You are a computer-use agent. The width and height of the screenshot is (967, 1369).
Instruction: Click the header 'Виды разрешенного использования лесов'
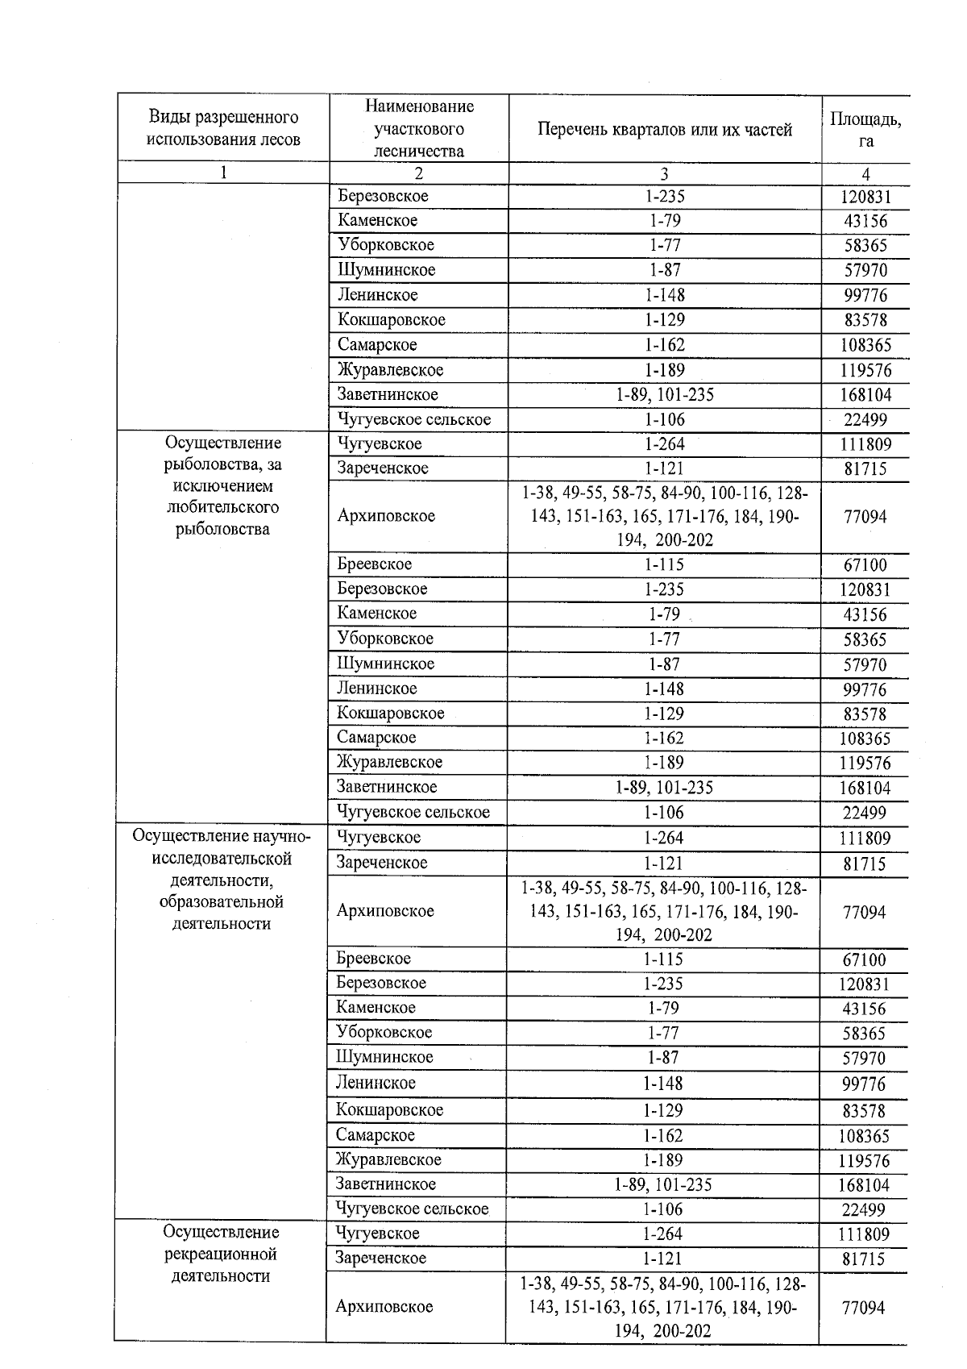(x=223, y=129)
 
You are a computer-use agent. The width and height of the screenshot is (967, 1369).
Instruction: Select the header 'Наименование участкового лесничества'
(x=419, y=129)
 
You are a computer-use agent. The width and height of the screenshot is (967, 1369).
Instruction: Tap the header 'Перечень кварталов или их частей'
(x=665, y=130)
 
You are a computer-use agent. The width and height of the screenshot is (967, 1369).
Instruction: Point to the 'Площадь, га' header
(x=865, y=130)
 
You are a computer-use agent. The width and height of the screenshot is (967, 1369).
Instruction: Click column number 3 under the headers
(x=664, y=173)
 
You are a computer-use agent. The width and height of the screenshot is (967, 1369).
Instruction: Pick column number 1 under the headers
(x=223, y=173)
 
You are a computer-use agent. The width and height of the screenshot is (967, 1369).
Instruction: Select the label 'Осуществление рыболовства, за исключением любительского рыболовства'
(x=223, y=486)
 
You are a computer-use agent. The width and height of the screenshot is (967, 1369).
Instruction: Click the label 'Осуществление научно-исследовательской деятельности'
(x=222, y=880)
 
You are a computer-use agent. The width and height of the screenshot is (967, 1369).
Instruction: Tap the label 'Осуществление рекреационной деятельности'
(x=221, y=1254)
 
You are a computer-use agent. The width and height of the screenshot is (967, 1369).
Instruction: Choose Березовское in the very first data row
(x=384, y=196)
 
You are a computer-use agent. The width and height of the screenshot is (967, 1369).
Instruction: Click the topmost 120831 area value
(x=865, y=198)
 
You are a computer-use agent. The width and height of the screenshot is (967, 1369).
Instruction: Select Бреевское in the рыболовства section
(x=375, y=564)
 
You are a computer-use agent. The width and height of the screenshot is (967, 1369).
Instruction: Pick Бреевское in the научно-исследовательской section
(x=374, y=959)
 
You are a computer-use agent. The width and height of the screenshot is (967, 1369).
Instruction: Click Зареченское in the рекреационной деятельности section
(x=381, y=1259)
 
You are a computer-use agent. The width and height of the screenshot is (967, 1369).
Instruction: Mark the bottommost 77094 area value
(x=864, y=1308)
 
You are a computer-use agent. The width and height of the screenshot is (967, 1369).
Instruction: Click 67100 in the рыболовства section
(x=865, y=565)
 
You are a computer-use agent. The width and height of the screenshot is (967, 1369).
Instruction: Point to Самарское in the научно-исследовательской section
(x=376, y=1135)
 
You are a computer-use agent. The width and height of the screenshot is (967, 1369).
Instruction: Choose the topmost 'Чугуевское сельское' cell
(x=414, y=419)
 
